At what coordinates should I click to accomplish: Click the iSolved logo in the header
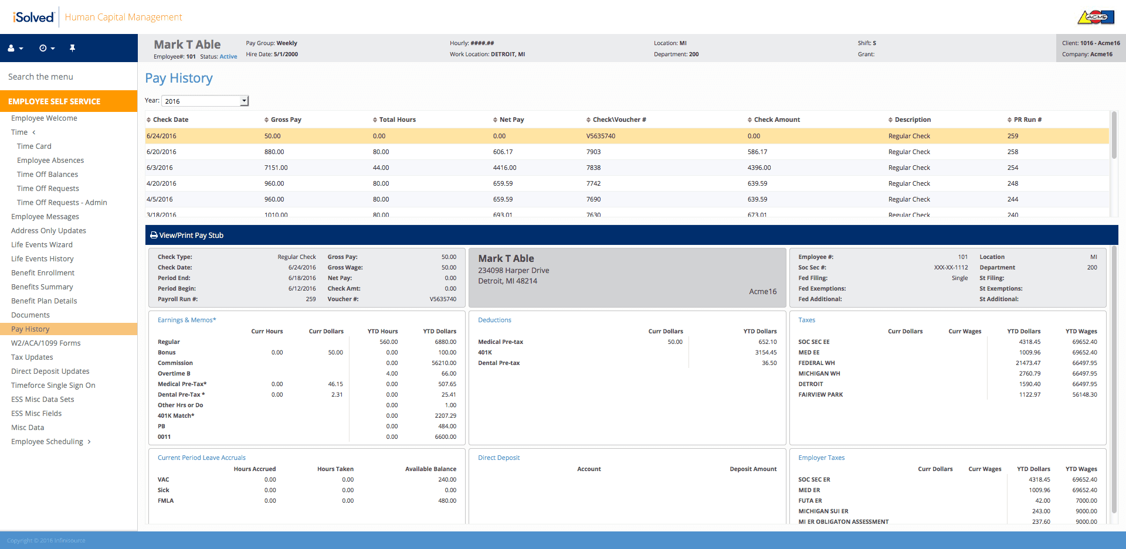(x=33, y=17)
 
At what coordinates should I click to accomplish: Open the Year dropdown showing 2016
(x=205, y=101)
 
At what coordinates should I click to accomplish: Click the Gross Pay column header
(x=286, y=120)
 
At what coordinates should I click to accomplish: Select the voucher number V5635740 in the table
(x=601, y=136)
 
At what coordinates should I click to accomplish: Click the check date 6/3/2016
(x=160, y=168)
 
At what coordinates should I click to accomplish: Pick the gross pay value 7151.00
(x=276, y=168)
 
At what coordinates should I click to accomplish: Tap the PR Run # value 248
(x=1013, y=183)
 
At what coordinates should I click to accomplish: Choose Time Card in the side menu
(x=34, y=146)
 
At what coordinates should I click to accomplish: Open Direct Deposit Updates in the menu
(x=50, y=371)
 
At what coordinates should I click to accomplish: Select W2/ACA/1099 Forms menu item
(x=46, y=343)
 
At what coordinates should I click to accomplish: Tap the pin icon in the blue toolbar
(x=72, y=48)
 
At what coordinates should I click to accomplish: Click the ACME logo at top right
(x=1096, y=17)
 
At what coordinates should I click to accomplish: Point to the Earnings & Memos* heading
(x=187, y=320)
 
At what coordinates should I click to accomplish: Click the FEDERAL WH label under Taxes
(x=816, y=363)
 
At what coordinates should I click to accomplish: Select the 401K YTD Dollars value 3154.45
(x=766, y=353)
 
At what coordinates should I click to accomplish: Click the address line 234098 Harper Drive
(x=514, y=271)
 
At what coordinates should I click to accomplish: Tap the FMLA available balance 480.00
(x=447, y=501)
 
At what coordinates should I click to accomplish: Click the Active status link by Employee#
(x=228, y=57)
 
